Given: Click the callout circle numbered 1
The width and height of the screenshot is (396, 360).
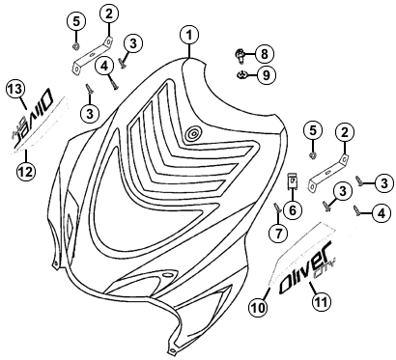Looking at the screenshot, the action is [x=189, y=36].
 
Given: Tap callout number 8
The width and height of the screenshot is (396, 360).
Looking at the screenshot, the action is [x=265, y=54].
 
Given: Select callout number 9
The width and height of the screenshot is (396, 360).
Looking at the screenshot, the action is [x=266, y=75].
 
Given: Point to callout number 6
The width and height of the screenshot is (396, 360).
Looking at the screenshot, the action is [x=293, y=210].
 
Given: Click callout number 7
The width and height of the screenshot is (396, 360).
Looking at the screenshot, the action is [x=278, y=233].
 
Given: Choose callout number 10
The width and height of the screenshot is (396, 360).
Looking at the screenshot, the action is [x=258, y=308].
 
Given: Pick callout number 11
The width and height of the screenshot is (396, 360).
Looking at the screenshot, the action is [x=322, y=301].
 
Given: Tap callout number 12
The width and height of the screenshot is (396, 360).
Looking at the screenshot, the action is [x=26, y=172].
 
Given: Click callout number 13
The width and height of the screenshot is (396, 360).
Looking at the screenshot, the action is [x=15, y=89].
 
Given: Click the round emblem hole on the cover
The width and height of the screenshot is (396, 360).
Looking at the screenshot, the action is [x=193, y=133].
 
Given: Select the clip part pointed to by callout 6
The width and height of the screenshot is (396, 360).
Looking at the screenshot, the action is [x=292, y=180].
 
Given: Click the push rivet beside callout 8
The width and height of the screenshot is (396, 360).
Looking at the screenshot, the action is [x=240, y=56].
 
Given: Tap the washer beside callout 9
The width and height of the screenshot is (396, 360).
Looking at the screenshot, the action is [x=240, y=75].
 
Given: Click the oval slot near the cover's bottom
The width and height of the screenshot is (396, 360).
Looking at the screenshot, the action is [x=167, y=276].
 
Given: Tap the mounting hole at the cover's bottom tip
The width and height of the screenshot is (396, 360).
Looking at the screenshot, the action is [x=172, y=349].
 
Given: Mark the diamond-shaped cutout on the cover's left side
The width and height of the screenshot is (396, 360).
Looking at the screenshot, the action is [x=69, y=223].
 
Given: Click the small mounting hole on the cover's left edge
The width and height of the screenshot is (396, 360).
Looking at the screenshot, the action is [x=55, y=264].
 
